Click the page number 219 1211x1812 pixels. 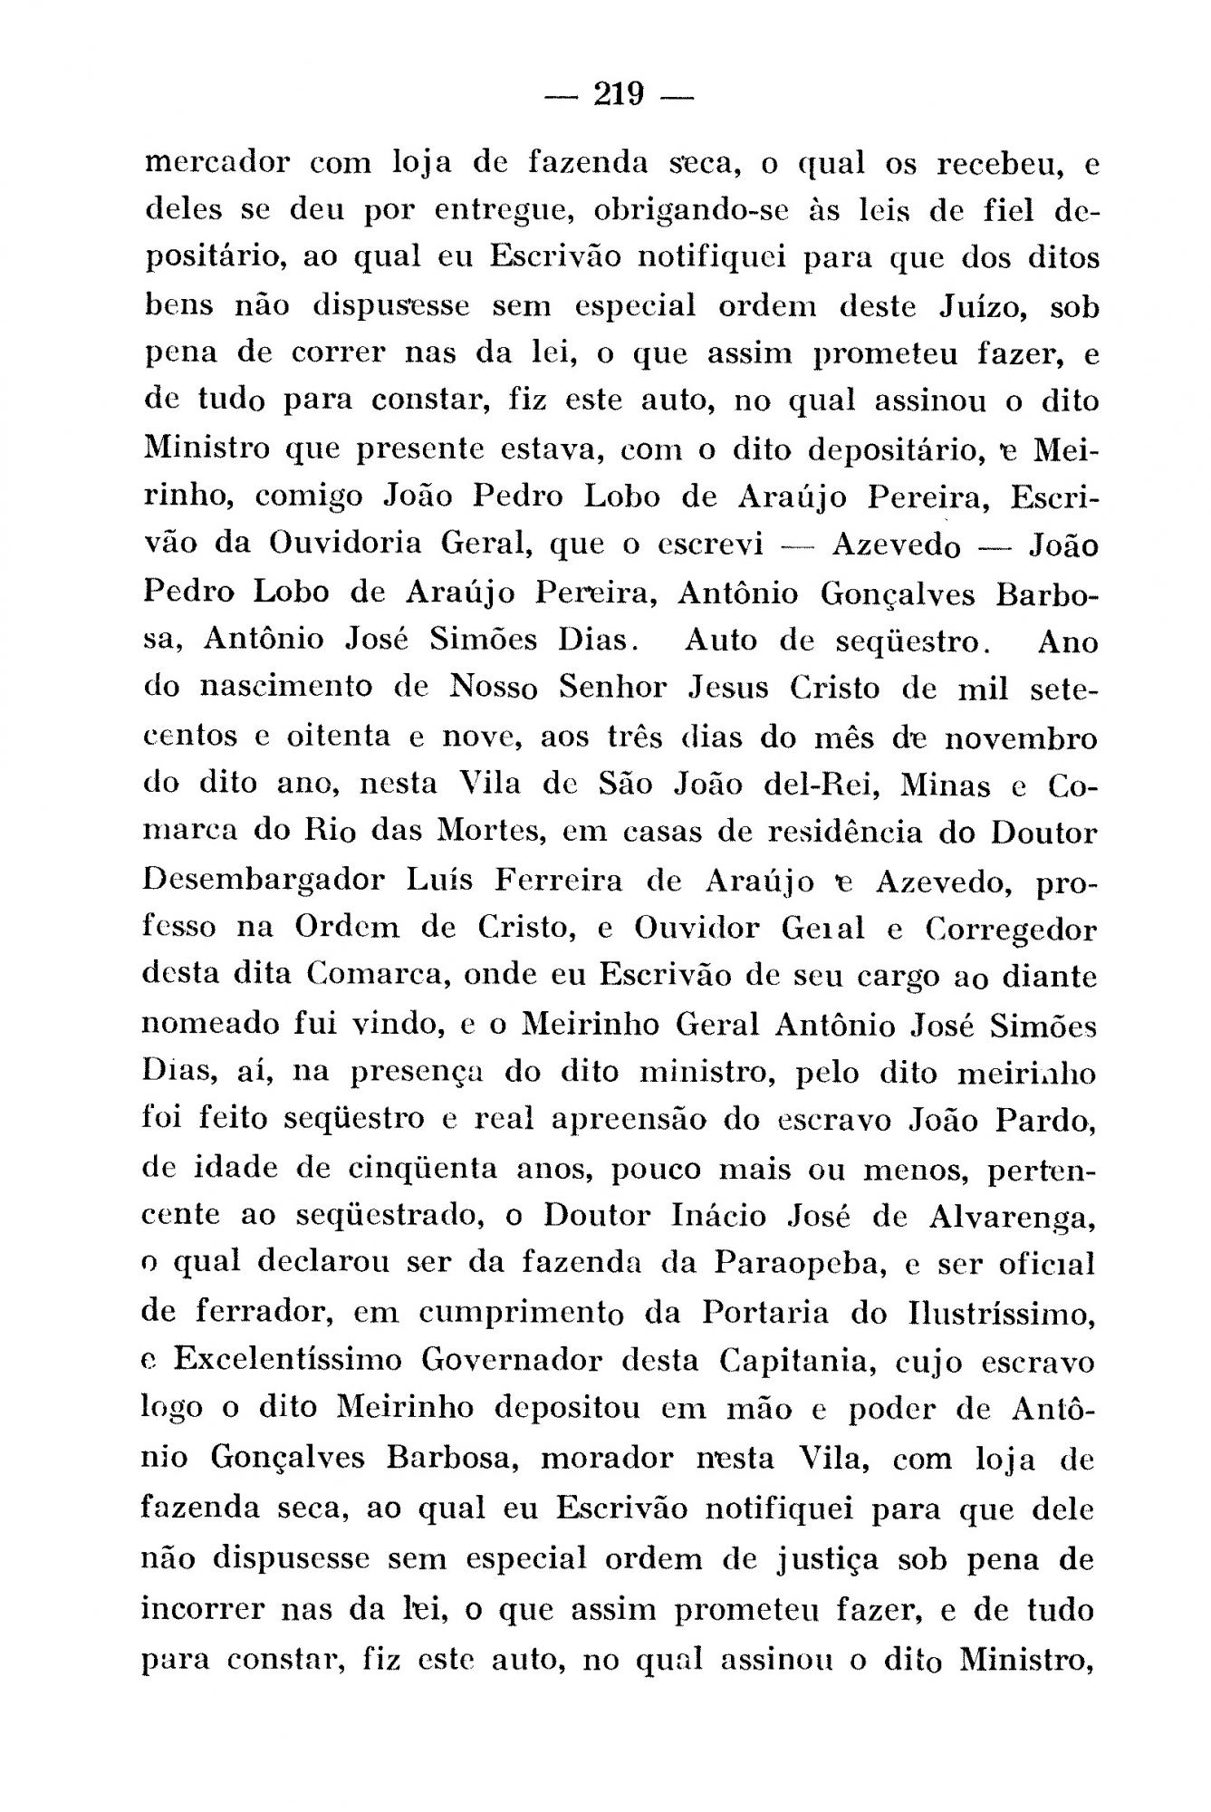619,94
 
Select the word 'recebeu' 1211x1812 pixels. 994,164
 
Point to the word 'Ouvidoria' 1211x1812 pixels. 345,544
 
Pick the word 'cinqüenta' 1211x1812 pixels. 423,1169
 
